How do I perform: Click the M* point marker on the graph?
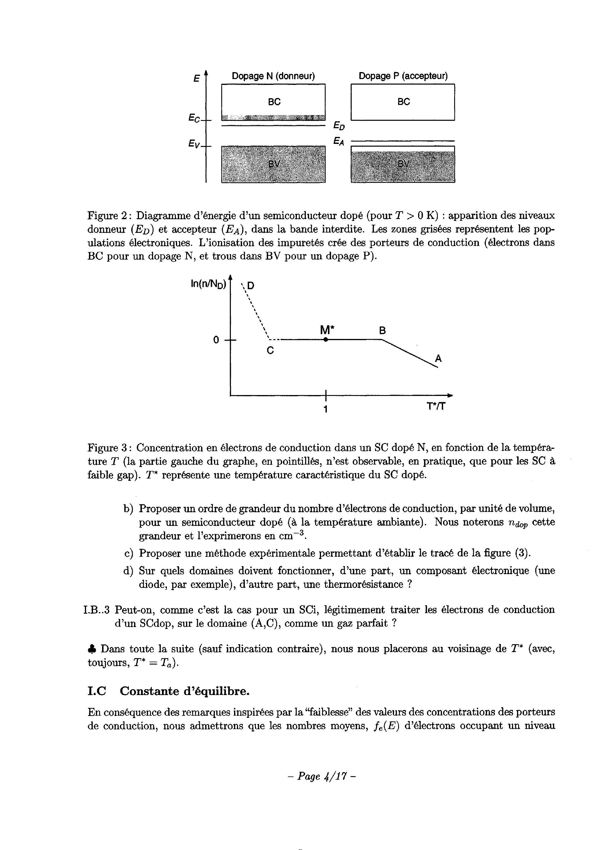[325, 340]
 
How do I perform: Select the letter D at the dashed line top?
[251, 285]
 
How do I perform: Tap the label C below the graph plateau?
[270, 350]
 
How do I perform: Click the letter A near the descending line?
[438, 358]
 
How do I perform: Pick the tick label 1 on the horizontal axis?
[325, 409]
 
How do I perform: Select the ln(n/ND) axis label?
[208, 284]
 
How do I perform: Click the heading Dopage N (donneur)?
[273, 76]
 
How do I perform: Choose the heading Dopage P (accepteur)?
[403, 76]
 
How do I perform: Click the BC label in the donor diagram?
[274, 102]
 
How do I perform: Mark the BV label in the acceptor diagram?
[404, 164]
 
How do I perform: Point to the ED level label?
[339, 126]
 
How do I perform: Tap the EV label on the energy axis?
[194, 144]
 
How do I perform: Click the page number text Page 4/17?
[321, 776]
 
